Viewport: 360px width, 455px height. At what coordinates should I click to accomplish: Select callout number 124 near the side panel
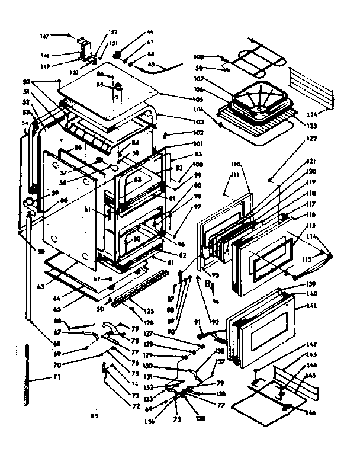click(320, 113)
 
